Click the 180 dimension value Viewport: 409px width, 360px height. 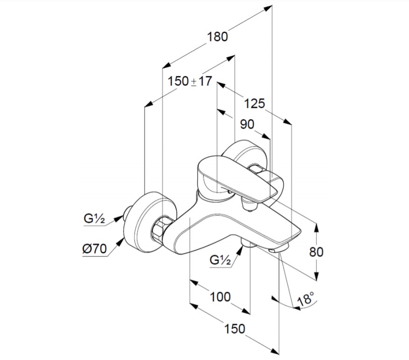(x=218, y=36)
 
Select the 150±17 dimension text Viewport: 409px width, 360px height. (x=189, y=81)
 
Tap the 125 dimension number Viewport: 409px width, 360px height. (x=254, y=104)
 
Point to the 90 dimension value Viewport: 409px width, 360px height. (x=247, y=124)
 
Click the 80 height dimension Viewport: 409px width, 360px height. (x=316, y=252)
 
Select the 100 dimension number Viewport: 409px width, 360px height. (x=220, y=296)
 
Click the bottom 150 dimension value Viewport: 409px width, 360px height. (x=234, y=329)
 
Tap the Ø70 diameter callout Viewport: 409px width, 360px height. (x=95, y=248)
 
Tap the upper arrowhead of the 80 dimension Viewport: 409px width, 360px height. (x=317, y=228)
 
